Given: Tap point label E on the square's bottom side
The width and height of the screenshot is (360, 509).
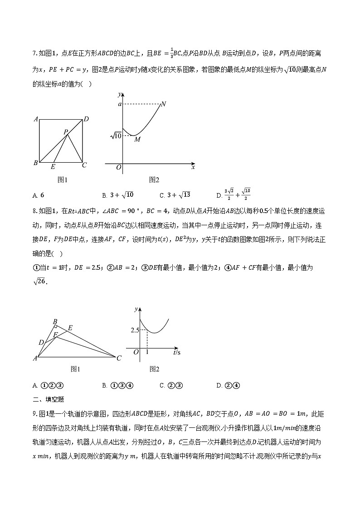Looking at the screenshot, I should tap(53, 167).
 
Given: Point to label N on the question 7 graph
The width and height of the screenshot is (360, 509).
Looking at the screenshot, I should tap(163, 104).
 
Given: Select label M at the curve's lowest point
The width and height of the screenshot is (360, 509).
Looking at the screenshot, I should tap(137, 140).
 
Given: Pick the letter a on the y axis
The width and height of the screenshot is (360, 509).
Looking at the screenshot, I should tap(120, 104).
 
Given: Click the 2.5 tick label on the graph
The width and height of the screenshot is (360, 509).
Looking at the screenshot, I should tap(135, 330).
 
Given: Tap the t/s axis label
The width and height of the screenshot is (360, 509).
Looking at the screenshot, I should tap(177, 352).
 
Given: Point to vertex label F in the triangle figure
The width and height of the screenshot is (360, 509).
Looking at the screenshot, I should tap(55, 335).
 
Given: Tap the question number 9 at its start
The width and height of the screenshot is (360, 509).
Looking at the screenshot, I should tap(34, 413).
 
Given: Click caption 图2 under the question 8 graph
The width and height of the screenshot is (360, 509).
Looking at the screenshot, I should tap(154, 369).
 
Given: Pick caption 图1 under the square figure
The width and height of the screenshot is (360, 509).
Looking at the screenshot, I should tap(63, 179).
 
